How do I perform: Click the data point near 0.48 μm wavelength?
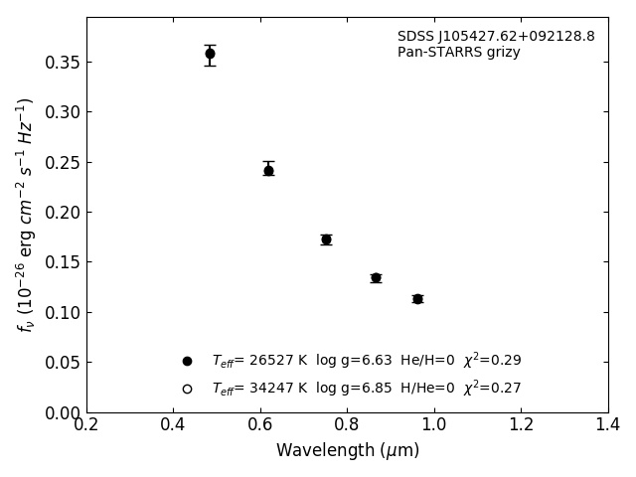pos(210,54)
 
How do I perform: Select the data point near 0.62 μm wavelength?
pos(268,170)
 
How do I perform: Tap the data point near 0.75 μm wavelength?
pos(326,239)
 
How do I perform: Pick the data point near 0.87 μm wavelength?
pos(376,278)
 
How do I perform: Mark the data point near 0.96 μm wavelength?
pos(417,299)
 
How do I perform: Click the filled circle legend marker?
pos(187,361)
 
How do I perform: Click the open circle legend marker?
pos(187,389)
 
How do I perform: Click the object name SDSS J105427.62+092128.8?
pos(496,37)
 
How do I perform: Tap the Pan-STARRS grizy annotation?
pos(459,53)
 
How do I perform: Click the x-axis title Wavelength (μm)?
pos(348,451)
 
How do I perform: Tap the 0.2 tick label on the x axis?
pos(86,425)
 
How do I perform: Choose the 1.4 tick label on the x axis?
pos(608,425)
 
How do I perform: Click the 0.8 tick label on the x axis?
pos(347,425)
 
